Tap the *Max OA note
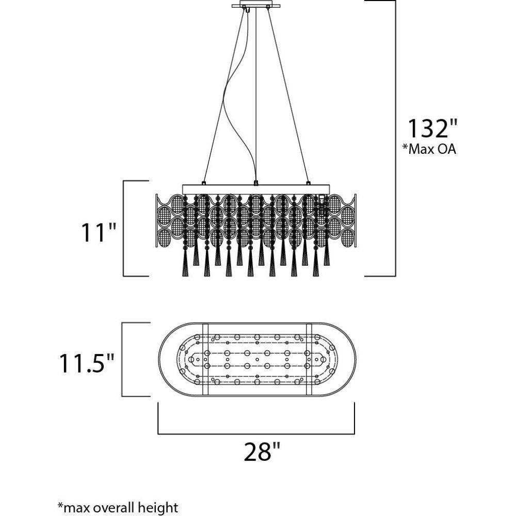(429, 150)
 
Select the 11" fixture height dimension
(98, 232)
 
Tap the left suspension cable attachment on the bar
(204, 183)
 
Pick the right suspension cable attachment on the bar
(309, 183)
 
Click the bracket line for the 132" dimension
(395, 138)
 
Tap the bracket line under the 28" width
(256, 432)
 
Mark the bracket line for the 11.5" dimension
(122, 360)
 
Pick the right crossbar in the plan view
(310, 360)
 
